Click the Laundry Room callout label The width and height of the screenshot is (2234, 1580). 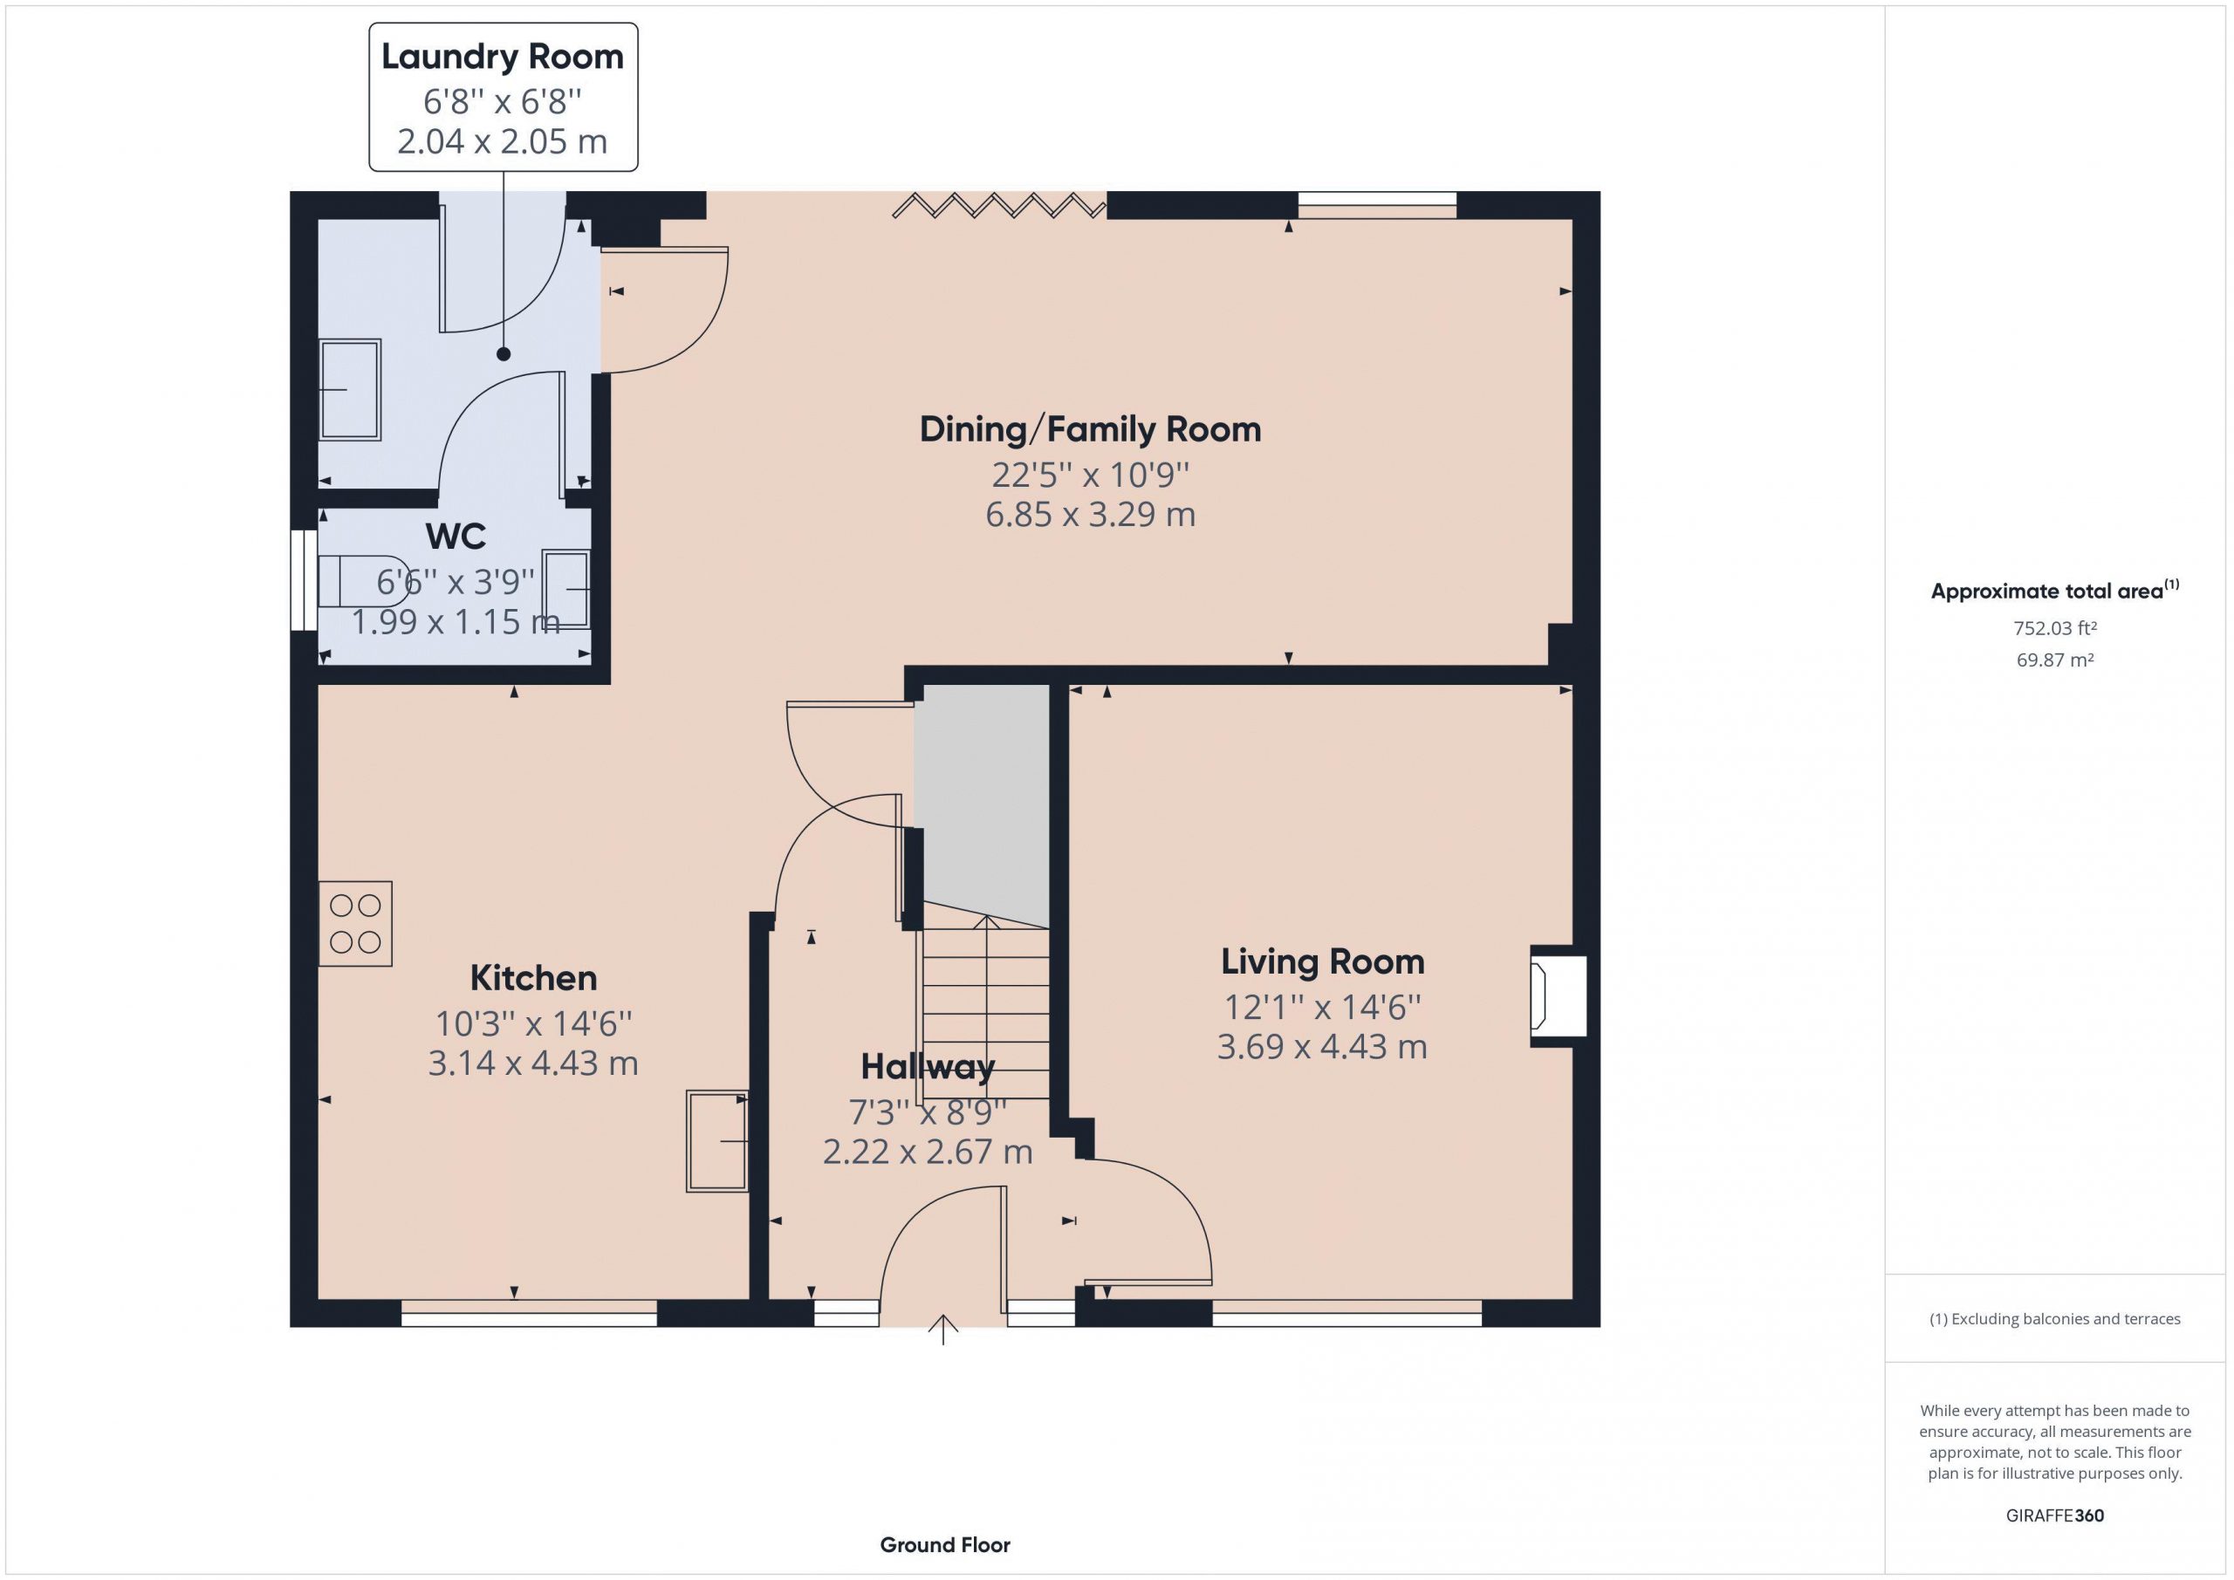click(x=502, y=57)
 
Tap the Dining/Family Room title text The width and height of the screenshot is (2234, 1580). click(x=1090, y=429)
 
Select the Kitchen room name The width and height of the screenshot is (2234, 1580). click(x=533, y=977)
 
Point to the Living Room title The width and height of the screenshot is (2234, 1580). click(x=1322, y=962)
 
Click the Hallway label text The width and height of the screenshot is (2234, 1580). click(x=928, y=1067)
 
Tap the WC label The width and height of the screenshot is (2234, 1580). click(x=456, y=536)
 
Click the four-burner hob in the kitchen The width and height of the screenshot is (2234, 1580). click(x=355, y=923)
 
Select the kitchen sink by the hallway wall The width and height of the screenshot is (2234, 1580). click(x=717, y=1141)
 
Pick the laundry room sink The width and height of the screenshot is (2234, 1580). click(x=349, y=390)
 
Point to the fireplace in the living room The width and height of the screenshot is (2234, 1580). click(x=1559, y=996)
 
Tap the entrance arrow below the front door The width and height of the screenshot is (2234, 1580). click(x=942, y=1330)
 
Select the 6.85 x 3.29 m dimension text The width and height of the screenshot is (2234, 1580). click(x=1090, y=514)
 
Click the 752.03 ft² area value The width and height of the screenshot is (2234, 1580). click(x=2054, y=628)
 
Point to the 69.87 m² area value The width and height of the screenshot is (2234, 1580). click(x=2054, y=660)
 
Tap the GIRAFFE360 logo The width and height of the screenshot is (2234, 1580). click(x=2054, y=1515)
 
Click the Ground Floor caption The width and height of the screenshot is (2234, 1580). click(x=945, y=1544)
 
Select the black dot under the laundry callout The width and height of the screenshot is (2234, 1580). click(x=503, y=354)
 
